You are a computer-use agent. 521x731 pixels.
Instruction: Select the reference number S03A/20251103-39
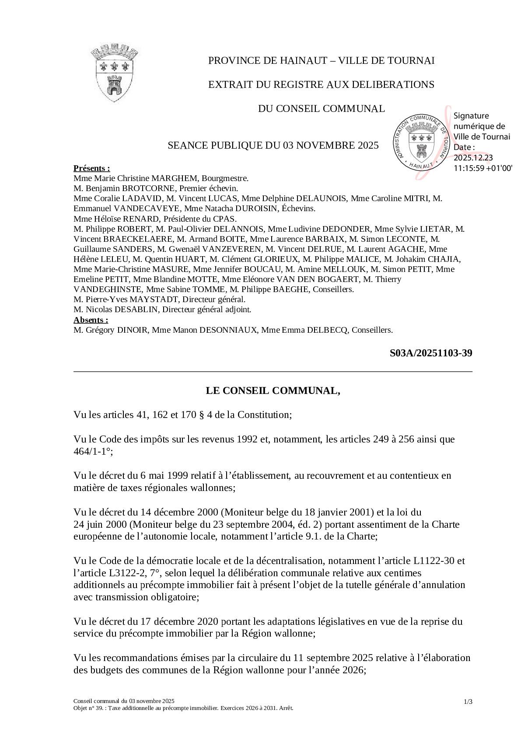[x=430, y=353]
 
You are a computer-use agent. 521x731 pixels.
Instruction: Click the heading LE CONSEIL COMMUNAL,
[x=273, y=390]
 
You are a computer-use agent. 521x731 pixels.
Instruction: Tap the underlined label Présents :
[x=91, y=168]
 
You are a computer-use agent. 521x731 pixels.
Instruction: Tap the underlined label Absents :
[x=91, y=320]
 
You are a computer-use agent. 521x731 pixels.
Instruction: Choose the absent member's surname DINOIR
[x=133, y=330]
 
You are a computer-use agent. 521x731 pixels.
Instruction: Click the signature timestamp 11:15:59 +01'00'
[x=483, y=167]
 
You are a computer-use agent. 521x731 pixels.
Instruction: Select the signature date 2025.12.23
[x=473, y=157]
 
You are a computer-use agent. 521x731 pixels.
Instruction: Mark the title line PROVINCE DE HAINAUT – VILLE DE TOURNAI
[x=321, y=60]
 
